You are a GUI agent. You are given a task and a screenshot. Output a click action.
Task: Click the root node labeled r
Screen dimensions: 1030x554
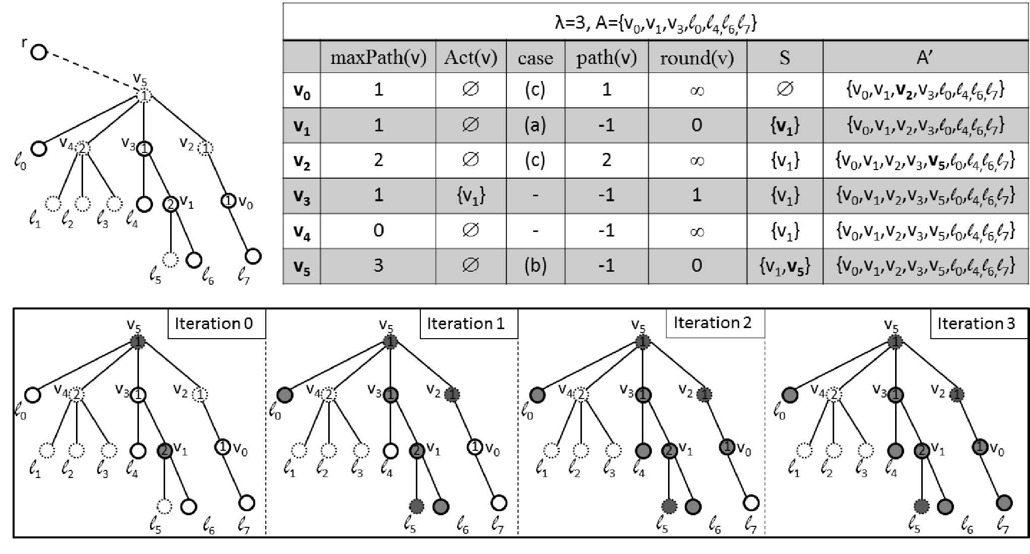pos(39,52)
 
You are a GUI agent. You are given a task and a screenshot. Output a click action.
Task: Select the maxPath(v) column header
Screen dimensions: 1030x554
pos(378,58)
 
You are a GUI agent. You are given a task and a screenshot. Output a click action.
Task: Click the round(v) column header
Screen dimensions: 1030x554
pos(697,58)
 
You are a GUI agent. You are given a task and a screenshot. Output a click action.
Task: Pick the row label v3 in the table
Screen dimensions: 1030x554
pos(302,196)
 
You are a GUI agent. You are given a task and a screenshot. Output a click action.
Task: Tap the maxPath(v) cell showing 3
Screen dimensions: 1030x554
pos(378,265)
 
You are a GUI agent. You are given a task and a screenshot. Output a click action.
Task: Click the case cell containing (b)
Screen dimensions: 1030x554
pos(535,265)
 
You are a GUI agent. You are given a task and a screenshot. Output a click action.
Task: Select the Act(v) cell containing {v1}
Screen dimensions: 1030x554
pos(471,195)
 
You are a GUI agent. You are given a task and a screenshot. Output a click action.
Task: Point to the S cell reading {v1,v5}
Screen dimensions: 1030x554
pos(785,266)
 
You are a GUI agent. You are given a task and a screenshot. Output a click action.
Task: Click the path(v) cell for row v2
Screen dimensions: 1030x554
pos(607,160)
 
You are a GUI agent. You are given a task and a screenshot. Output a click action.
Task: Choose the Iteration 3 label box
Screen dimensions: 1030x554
pos(976,324)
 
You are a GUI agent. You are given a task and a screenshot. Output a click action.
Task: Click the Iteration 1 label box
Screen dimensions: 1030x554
pos(466,324)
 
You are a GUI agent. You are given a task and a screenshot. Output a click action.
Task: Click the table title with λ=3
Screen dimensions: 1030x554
pos(655,22)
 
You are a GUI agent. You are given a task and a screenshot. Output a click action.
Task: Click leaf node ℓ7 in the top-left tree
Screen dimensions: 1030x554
pos(253,256)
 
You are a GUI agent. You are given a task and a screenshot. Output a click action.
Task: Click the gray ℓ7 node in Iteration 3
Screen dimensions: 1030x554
pos(1004,502)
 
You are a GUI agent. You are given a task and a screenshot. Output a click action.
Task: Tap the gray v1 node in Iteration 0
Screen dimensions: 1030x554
pos(165,450)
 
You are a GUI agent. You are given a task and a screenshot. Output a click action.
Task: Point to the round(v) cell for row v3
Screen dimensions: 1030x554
pos(697,195)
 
